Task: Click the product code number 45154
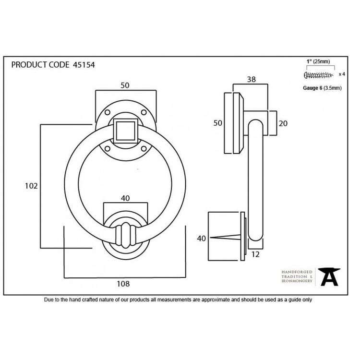coord(84,65)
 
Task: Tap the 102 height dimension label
coord(31,186)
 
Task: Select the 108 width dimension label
coord(123,284)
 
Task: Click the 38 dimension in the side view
coord(252,79)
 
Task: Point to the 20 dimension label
coord(283,123)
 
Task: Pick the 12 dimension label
coord(255,254)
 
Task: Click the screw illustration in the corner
coord(318,75)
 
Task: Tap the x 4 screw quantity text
coord(342,74)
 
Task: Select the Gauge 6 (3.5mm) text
coord(322,88)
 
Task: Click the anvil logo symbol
coord(329,276)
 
